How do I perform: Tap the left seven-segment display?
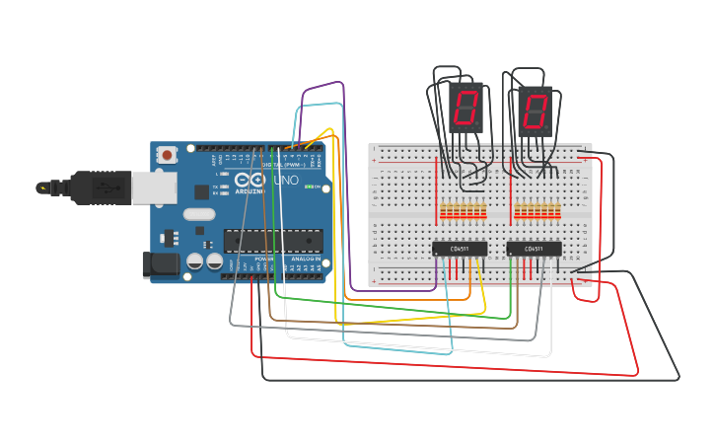click(x=465, y=108)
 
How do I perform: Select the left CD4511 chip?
click(x=460, y=249)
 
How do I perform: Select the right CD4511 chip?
click(x=534, y=249)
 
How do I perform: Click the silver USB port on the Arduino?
click(x=149, y=187)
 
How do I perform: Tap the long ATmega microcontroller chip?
click(x=273, y=241)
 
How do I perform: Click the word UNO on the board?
click(x=285, y=182)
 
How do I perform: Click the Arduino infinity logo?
click(x=250, y=182)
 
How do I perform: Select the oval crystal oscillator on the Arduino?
click(x=198, y=213)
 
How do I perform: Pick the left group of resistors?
click(x=463, y=211)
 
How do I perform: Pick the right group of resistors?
click(x=537, y=211)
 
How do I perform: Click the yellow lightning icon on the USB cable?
click(x=41, y=186)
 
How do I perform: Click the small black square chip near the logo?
click(x=202, y=192)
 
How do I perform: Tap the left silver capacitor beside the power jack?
click(x=195, y=261)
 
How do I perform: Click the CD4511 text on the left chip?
click(x=460, y=250)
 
